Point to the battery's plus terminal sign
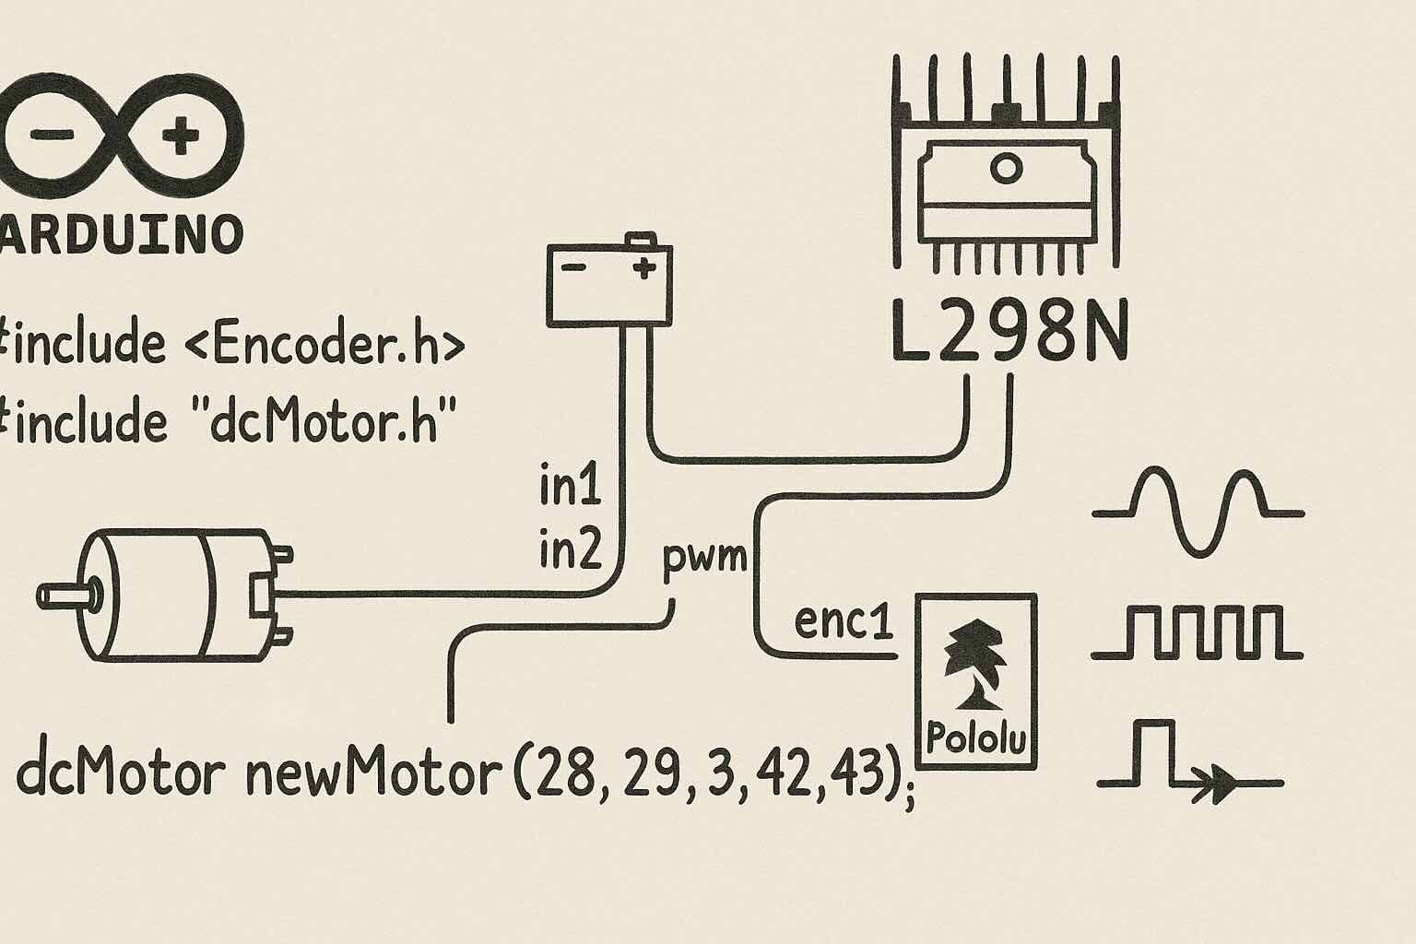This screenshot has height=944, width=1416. tap(644, 268)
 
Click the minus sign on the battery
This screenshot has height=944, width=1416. tap(573, 267)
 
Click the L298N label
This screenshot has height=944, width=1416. tap(1009, 330)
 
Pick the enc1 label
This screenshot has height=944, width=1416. tap(844, 622)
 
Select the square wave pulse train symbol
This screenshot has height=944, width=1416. tap(1198, 633)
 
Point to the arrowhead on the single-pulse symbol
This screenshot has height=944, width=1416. tap(1223, 785)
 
